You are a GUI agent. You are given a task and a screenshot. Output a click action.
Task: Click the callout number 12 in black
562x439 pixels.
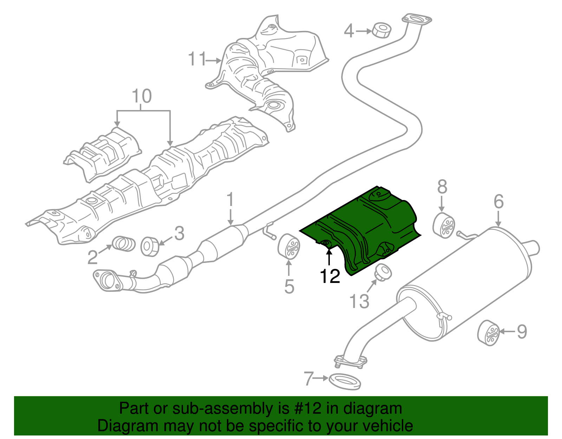330,277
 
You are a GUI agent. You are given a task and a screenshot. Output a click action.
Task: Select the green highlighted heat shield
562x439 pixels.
365,228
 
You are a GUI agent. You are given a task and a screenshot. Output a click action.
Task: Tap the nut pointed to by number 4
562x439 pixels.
381,31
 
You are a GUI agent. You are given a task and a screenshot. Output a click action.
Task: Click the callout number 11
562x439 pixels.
197,59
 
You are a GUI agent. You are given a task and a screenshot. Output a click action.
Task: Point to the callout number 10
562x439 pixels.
142,96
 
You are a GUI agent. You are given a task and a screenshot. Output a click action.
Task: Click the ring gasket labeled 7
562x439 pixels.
345,382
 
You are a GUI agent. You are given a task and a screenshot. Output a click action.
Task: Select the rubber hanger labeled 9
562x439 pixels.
489,333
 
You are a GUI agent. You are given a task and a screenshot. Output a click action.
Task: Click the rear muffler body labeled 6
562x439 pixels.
467,281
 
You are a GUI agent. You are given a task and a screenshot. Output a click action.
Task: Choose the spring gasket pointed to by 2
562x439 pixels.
124,244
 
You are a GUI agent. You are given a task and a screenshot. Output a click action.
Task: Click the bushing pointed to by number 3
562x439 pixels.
150,246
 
